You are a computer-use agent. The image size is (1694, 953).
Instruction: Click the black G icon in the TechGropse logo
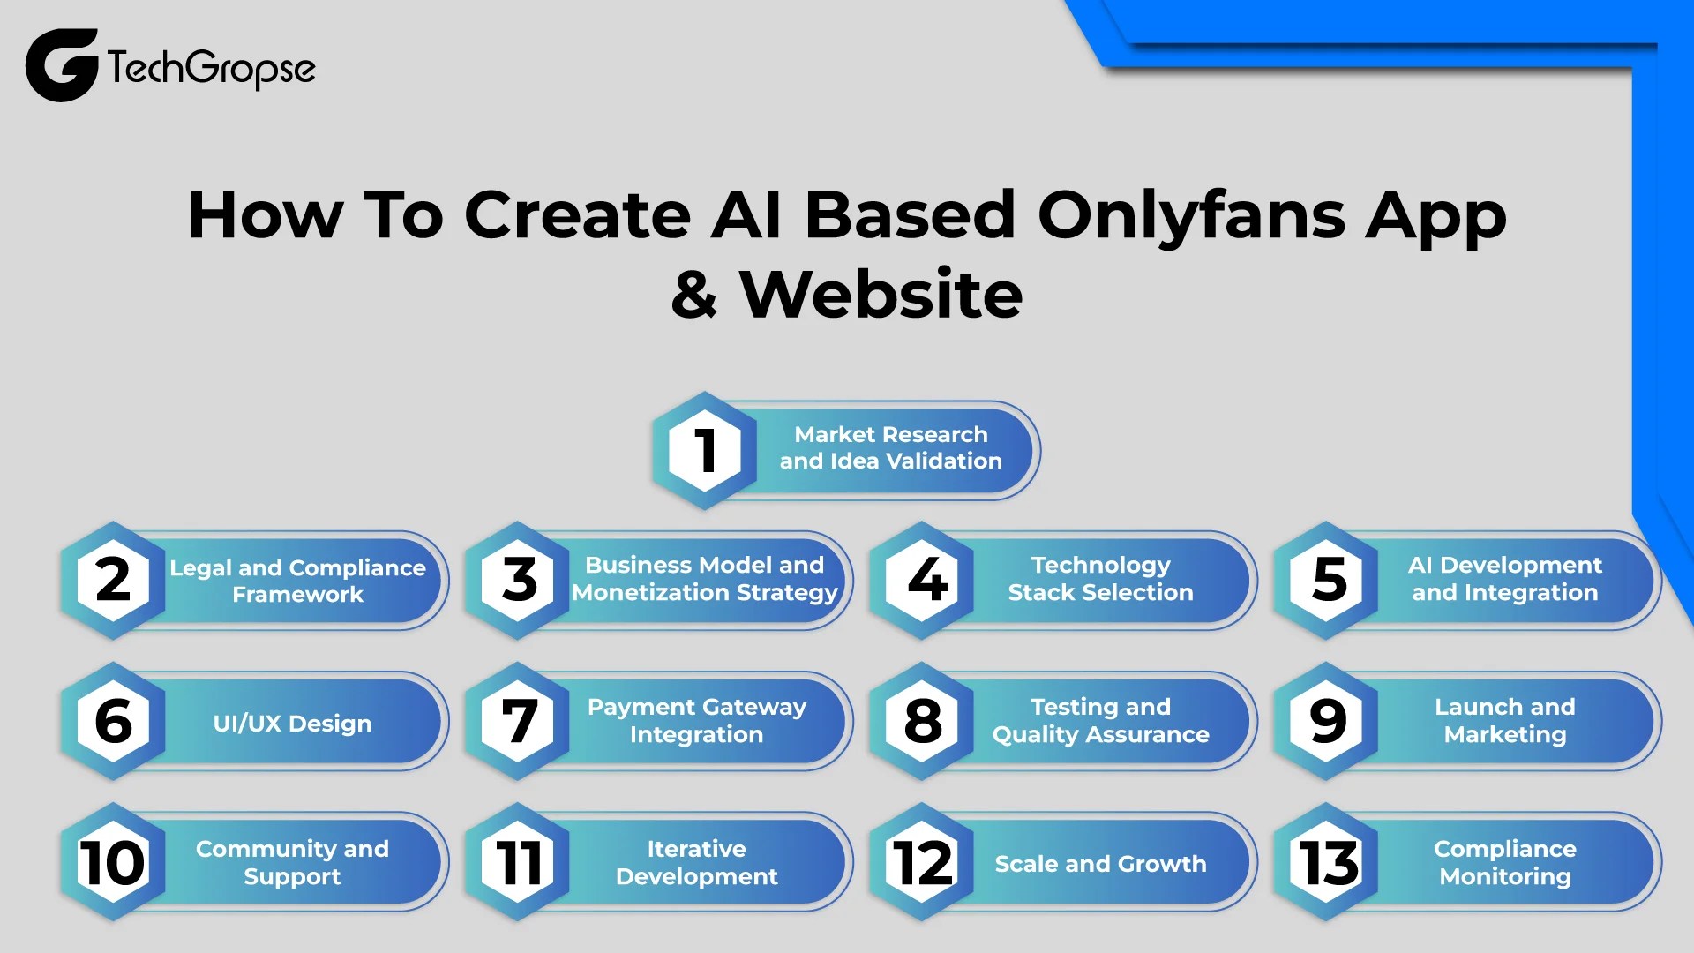pos(60,65)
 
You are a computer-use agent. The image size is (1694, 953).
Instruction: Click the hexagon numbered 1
pos(704,450)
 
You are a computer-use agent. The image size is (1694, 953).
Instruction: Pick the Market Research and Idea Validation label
pos(890,448)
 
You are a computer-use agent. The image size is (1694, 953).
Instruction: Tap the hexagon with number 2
pos(113,581)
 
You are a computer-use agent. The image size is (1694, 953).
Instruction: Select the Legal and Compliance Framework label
pos(297,581)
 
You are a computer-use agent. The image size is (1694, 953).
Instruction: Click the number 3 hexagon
pos(519,581)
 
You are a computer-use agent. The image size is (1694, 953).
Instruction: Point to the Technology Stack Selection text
pos(1100,579)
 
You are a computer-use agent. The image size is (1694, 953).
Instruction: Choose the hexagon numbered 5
pos(1328,581)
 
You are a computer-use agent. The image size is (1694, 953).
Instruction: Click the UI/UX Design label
pos(292,724)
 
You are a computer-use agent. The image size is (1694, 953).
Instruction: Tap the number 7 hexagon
pos(519,721)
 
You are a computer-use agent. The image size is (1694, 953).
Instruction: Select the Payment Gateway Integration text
pos(696,720)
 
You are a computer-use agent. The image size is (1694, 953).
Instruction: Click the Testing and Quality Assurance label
pos(1100,720)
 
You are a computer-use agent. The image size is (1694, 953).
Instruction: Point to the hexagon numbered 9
pos(1328,721)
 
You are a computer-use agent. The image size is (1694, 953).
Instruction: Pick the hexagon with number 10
pos(113,862)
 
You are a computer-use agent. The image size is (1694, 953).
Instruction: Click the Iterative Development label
pos(696,862)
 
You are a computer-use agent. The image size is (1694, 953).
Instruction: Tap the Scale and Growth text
pos(1100,864)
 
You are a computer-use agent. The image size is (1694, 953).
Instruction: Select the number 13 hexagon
pos(1328,862)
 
